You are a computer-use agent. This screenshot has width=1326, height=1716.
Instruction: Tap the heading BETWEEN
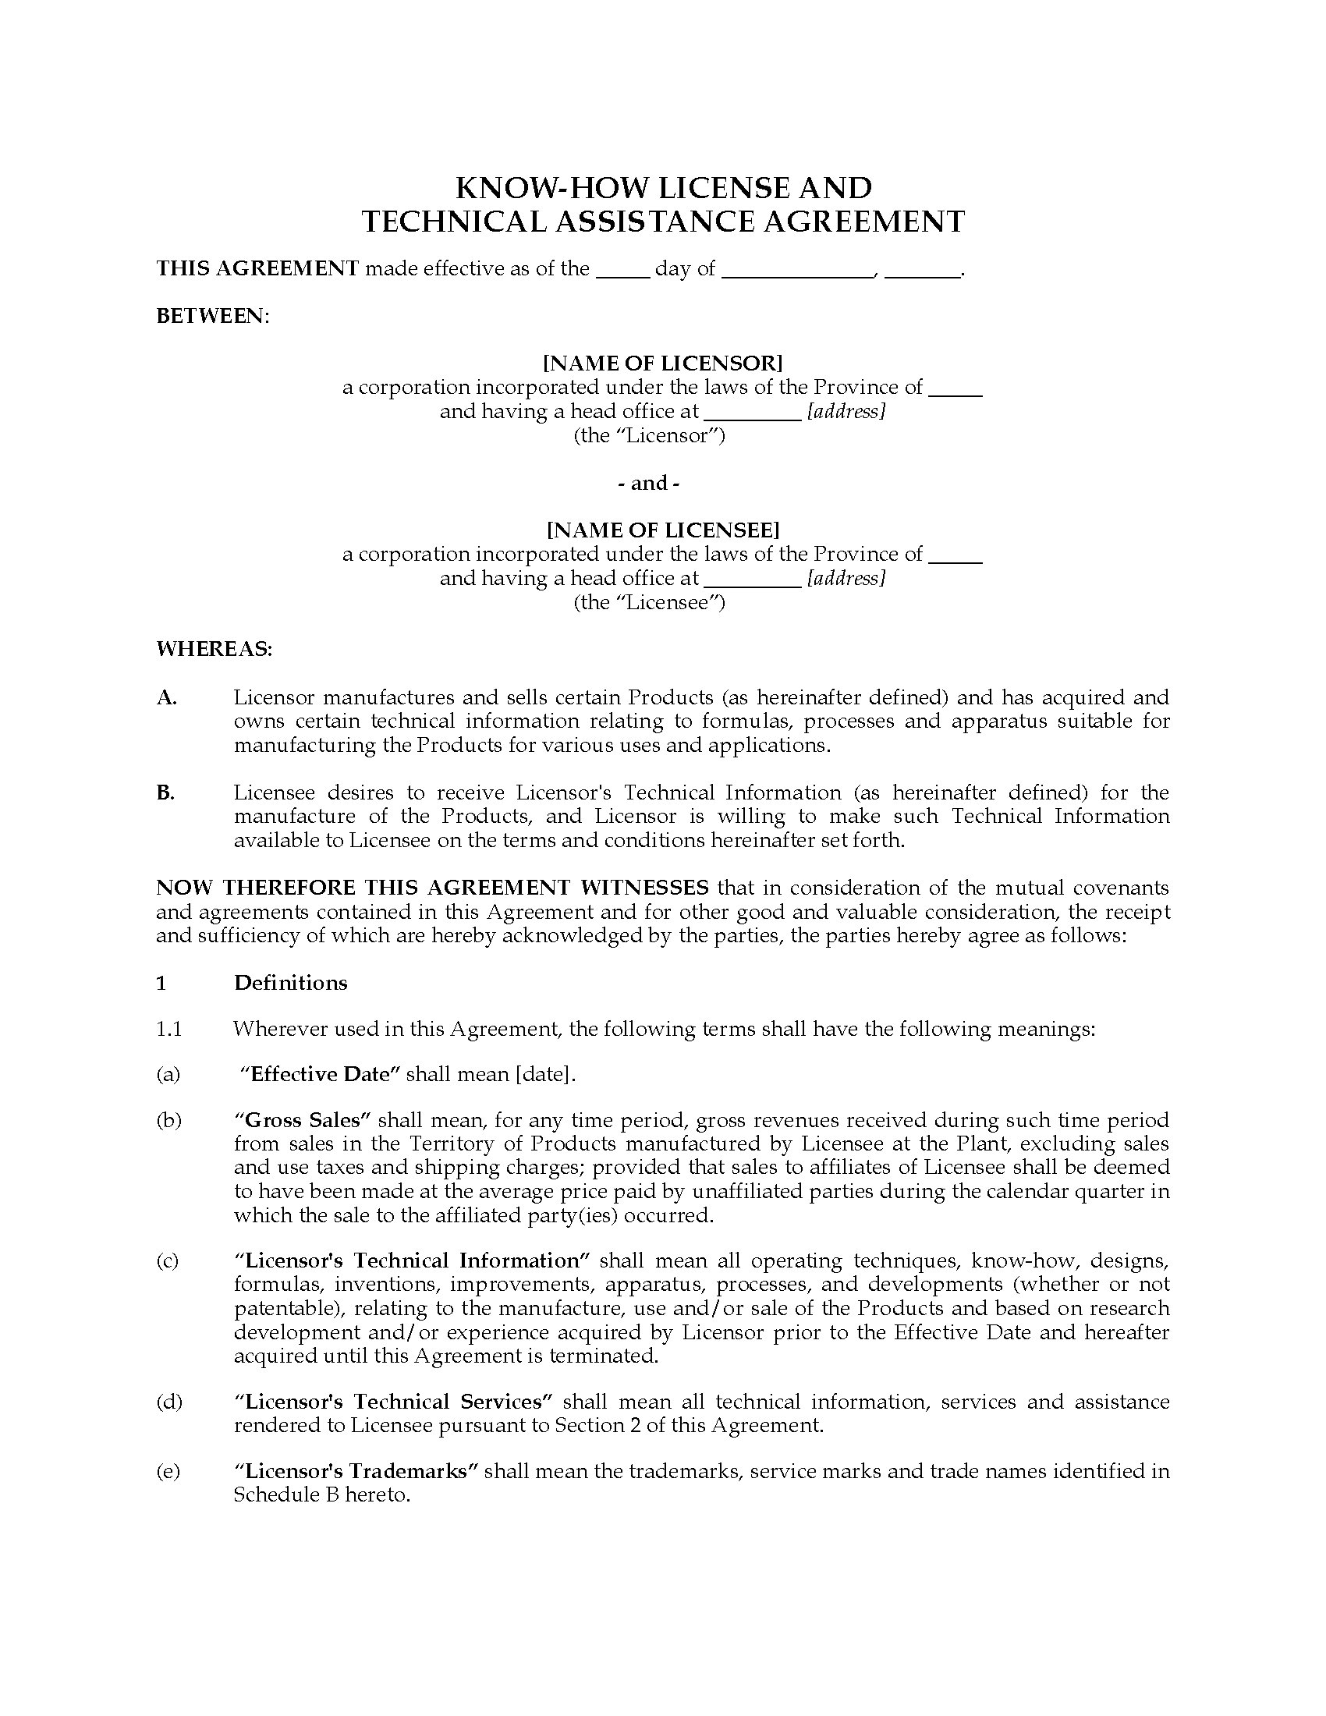click(x=211, y=316)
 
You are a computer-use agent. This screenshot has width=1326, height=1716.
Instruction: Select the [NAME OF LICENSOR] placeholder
click(x=662, y=363)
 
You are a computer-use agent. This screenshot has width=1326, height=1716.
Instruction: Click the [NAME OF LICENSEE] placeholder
click(x=662, y=530)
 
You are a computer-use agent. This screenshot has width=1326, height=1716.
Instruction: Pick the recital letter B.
click(x=165, y=792)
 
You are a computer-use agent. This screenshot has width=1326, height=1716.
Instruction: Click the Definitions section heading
click(x=291, y=983)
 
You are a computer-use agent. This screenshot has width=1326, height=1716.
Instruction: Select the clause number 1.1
click(x=169, y=1030)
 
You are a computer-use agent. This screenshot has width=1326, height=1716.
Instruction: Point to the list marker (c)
click(x=168, y=1261)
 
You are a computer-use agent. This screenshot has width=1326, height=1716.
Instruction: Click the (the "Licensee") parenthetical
click(x=649, y=603)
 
